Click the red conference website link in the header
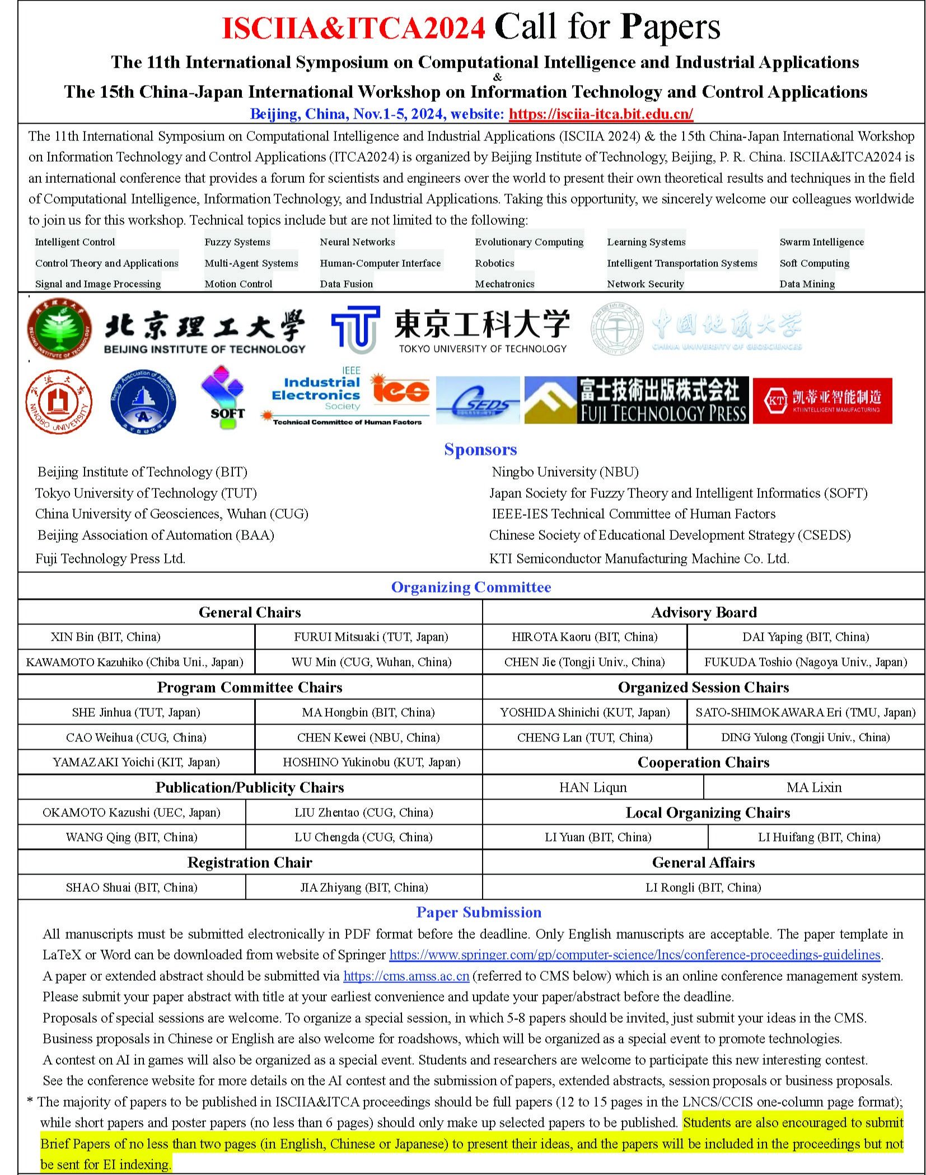point(601,114)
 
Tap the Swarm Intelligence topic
point(821,242)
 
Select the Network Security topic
point(645,284)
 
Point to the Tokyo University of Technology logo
point(450,330)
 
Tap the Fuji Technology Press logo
point(636,399)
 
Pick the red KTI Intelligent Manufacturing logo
point(822,400)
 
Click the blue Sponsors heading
point(480,449)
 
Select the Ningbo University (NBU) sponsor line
point(565,472)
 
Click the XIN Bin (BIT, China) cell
point(105,637)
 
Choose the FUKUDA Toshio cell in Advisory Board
point(805,662)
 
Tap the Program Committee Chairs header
point(250,687)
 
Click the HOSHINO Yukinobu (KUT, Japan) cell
point(371,762)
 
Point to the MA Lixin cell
point(813,787)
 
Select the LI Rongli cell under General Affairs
point(703,887)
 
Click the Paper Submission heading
point(479,912)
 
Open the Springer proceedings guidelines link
point(635,955)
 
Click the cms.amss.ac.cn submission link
point(406,976)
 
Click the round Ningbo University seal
point(59,402)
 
